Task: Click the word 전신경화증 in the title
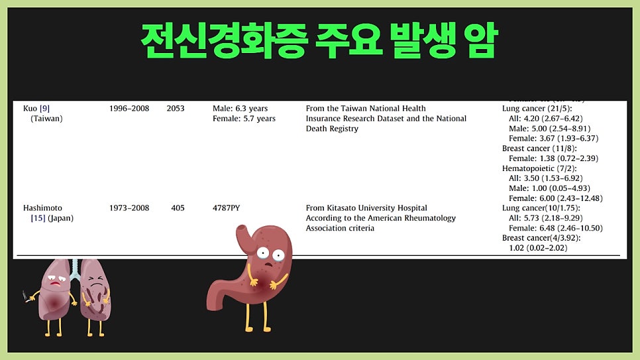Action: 224,41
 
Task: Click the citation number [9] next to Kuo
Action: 44,108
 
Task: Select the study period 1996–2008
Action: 129,108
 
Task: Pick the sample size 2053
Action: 176,108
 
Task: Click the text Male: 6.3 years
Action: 239,108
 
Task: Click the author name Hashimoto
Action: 44,208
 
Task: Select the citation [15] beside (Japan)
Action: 38,218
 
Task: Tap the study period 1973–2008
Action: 129,208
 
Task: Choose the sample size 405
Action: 178,208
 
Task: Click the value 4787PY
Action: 226,208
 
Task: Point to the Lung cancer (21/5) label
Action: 537,108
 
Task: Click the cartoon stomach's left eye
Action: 263,253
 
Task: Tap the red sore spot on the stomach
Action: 272,284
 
